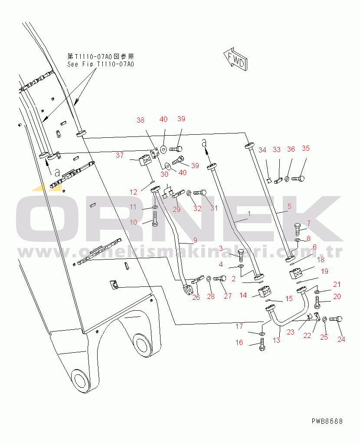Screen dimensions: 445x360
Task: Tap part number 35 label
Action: click(306, 149)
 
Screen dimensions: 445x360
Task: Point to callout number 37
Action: click(119, 155)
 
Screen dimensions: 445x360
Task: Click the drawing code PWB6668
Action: click(327, 421)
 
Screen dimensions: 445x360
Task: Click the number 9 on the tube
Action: click(195, 239)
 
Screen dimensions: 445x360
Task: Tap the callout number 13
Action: click(276, 340)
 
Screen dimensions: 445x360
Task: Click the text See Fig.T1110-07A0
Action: click(100, 64)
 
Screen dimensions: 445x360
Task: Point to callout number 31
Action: click(213, 208)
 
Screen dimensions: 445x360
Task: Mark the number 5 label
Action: click(289, 207)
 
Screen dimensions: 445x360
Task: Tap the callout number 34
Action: click(262, 150)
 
